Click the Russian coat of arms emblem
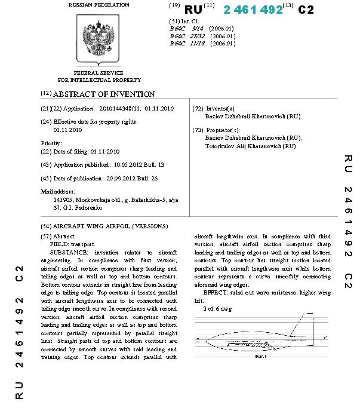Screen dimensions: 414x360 coord(99,38)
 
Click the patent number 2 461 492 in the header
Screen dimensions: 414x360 coord(253,10)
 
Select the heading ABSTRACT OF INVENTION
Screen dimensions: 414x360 coord(104,94)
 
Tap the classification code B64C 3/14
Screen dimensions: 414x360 coord(187,28)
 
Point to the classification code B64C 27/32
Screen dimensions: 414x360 coord(188,36)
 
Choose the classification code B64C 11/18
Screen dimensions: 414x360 coord(188,44)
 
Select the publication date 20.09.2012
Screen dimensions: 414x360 coord(127,178)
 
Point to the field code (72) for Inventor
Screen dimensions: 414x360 coord(198,109)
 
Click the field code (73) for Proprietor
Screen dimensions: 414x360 coord(198,130)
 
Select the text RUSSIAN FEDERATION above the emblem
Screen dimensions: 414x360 coord(99,5)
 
